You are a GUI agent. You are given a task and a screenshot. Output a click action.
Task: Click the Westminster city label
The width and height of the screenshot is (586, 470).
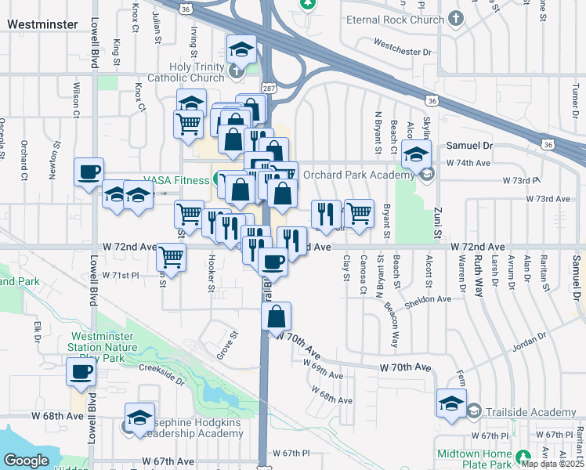(42, 24)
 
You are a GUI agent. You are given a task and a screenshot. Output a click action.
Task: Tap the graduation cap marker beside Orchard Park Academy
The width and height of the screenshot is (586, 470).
(416, 154)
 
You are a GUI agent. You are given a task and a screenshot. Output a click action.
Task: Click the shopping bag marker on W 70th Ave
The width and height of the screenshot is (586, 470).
(277, 316)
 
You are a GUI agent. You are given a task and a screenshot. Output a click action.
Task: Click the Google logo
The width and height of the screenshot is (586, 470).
(26, 460)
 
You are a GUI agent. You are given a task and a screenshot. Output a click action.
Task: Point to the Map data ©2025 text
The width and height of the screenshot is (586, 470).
(553, 465)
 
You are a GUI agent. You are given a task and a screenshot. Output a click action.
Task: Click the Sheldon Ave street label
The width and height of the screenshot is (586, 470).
(429, 298)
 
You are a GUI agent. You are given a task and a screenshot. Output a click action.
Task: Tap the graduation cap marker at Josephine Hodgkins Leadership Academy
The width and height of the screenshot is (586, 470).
(139, 417)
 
